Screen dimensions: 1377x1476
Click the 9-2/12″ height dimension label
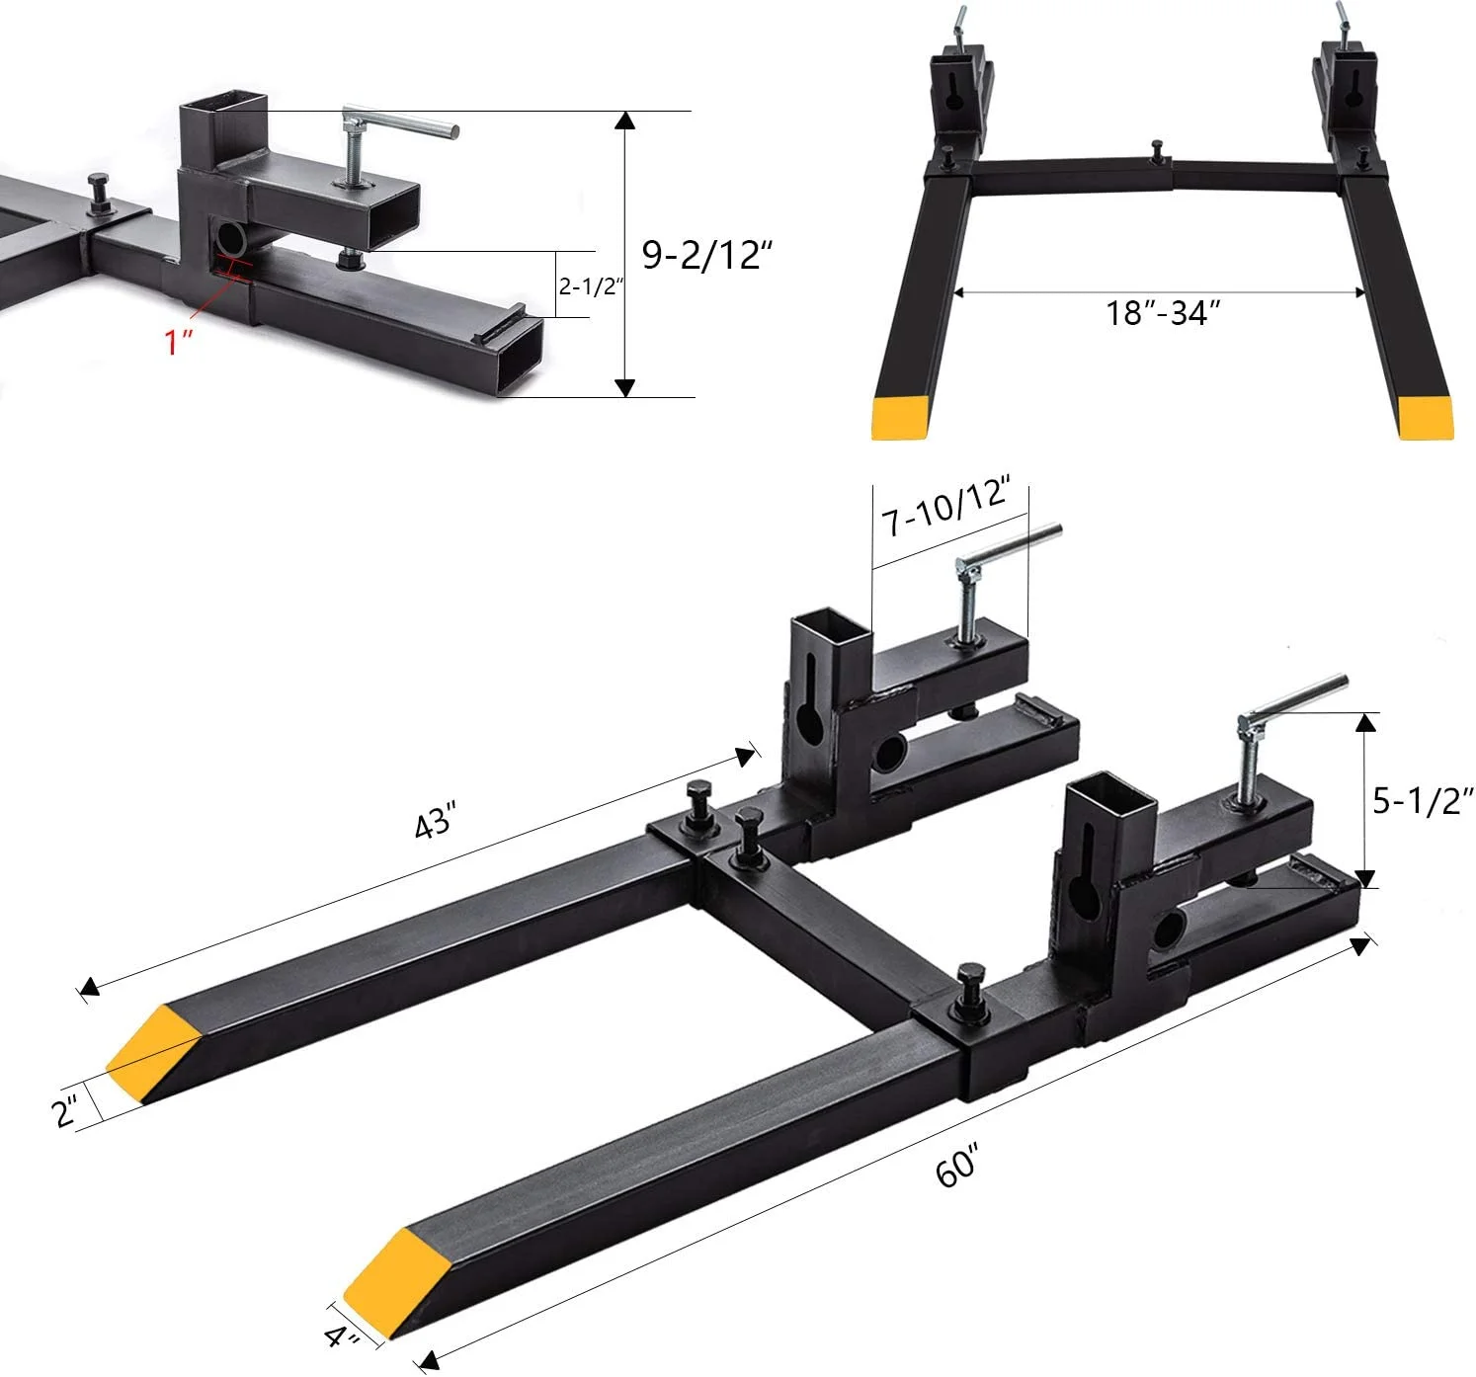[x=705, y=256]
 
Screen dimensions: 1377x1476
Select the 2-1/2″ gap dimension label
[x=592, y=286]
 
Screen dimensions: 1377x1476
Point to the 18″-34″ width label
[x=1163, y=314]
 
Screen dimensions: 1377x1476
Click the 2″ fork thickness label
[x=66, y=1112]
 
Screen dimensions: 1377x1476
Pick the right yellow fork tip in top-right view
[x=1425, y=417]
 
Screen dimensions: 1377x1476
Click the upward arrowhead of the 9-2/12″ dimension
[x=624, y=121]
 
